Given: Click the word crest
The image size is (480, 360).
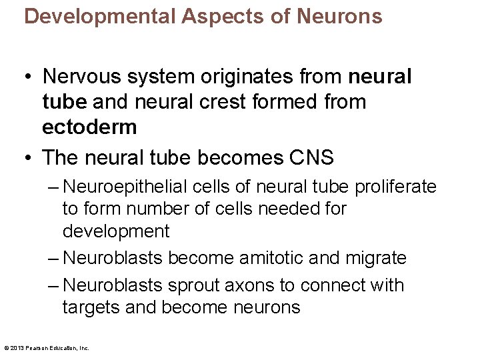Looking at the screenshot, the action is [220, 102].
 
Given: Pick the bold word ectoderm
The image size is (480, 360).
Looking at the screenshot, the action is [89, 127].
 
